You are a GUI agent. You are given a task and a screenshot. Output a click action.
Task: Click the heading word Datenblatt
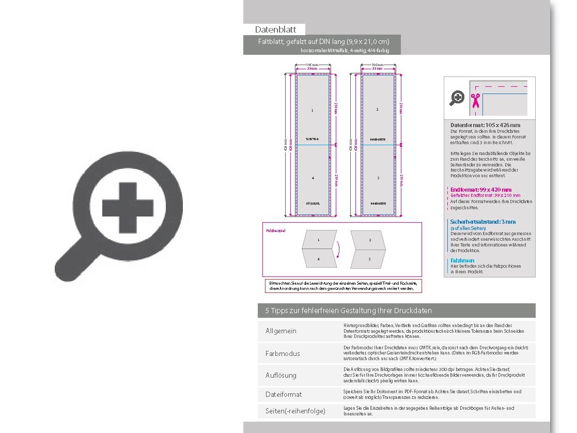tap(275, 29)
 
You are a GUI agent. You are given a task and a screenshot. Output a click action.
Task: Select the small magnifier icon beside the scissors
tap(457, 97)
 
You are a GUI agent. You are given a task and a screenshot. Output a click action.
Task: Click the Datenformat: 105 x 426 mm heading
tap(485, 125)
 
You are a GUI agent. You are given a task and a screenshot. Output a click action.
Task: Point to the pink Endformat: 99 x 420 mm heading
tap(480, 190)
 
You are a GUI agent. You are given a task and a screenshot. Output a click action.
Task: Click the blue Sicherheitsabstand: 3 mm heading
tap(482, 222)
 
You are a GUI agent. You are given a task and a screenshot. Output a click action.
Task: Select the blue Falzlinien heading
tap(463, 260)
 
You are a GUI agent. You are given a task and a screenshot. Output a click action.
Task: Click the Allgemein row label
tap(280, 331)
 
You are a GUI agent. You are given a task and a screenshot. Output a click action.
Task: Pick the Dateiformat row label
tap(283, 394)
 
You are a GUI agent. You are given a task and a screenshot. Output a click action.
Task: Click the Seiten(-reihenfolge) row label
tap(295, 411)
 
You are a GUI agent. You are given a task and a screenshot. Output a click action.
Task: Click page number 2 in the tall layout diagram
tap(378, 110)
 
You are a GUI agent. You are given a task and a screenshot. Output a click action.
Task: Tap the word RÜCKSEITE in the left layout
tap(313, 204)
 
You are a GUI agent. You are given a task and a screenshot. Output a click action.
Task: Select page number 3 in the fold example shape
tap(370, 258)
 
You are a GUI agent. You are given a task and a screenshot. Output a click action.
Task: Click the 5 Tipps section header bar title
tap(348, 311)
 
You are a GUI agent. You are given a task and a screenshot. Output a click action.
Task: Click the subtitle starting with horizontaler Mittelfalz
tap(344, 51)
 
